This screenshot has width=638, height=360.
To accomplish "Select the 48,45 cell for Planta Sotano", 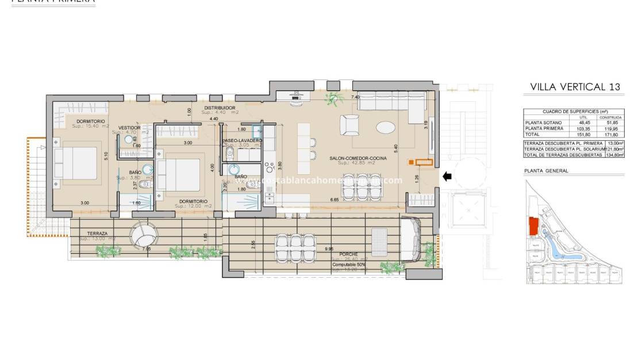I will click(583, 122).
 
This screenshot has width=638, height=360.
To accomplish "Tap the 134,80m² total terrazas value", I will click(613, 154).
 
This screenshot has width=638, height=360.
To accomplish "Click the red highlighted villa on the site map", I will click(534, 226).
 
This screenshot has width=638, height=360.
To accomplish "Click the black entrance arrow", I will click(447, 176).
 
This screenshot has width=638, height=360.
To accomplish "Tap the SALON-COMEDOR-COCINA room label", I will click(358, 158).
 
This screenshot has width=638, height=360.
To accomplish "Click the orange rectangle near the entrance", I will click(424, 163).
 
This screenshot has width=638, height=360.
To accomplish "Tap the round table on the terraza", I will click(143, 234).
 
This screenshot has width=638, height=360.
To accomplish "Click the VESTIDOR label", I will click(129, 128).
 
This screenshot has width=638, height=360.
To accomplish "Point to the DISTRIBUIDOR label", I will click(220, 108).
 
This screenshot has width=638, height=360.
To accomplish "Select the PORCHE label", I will click(348, 254).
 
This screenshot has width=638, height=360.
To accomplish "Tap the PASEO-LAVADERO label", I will click(242, 140).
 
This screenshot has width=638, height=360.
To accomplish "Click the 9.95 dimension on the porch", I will click(329, 248).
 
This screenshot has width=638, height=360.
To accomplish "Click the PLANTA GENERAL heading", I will click(546, 171).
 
